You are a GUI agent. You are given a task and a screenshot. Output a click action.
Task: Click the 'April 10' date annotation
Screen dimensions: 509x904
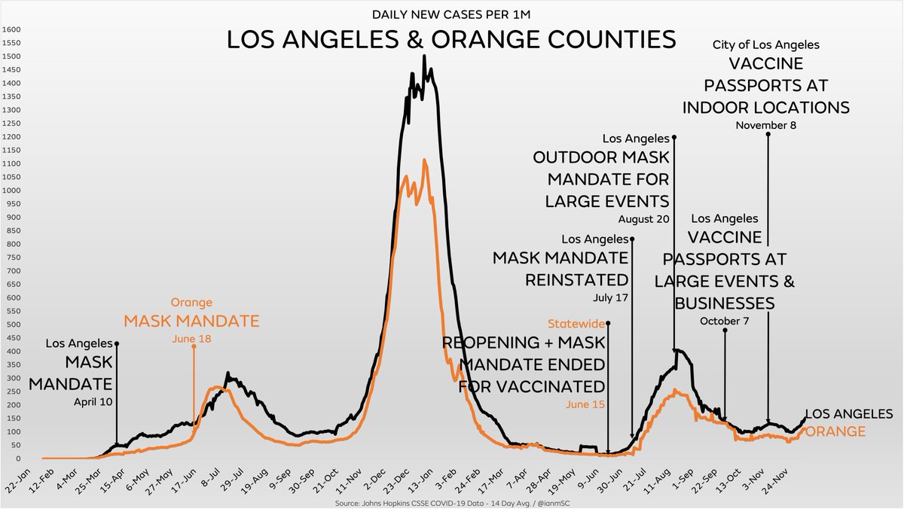point(93,401)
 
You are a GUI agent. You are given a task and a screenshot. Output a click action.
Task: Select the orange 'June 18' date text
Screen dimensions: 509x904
point(194,339)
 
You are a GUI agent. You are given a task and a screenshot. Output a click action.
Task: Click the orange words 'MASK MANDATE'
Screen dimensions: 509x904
point(192,321)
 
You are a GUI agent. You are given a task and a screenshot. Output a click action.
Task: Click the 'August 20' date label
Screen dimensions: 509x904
point(643,219)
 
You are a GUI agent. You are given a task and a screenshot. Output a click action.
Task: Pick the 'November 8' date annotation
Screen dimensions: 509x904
point(765,125)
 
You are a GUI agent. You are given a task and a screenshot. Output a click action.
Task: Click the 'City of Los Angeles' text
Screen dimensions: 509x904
point(765,45)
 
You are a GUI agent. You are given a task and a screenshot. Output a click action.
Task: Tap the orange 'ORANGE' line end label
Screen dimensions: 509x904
point(835,431)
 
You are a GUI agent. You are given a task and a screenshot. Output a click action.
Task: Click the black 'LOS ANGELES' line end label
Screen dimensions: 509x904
point(849,414)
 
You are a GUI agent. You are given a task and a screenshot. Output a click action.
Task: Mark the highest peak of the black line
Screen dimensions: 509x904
point(424,56)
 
